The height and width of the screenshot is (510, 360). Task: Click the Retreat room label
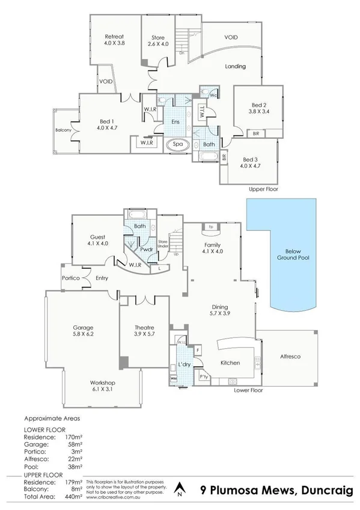tap(114, 36)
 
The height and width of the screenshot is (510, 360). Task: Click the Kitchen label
tap(230, 363)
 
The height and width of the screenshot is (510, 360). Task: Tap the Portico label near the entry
tap(71, 278)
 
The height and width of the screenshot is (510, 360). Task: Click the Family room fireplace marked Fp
tap(211, 227)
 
